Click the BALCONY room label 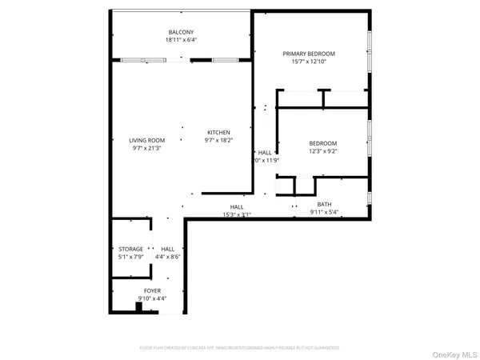point(180,32)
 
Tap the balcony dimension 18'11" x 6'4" point(180,40)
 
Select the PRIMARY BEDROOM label point(309,54)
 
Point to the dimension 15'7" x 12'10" point(309,62)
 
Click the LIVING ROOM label point(148,140)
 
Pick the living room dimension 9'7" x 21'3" point(148,148)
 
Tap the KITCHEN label point(219,132)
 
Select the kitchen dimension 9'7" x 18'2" point(219,140)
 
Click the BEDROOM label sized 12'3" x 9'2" point(323,142)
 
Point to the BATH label point(324,204)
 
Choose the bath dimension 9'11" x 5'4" point(324,212)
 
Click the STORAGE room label point(131,249)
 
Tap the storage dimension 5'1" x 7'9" point(131,257)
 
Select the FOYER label point(152,290)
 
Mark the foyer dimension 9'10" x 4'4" point(152,298)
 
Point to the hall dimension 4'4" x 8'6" point(167,257)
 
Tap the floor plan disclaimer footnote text point(240,348)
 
